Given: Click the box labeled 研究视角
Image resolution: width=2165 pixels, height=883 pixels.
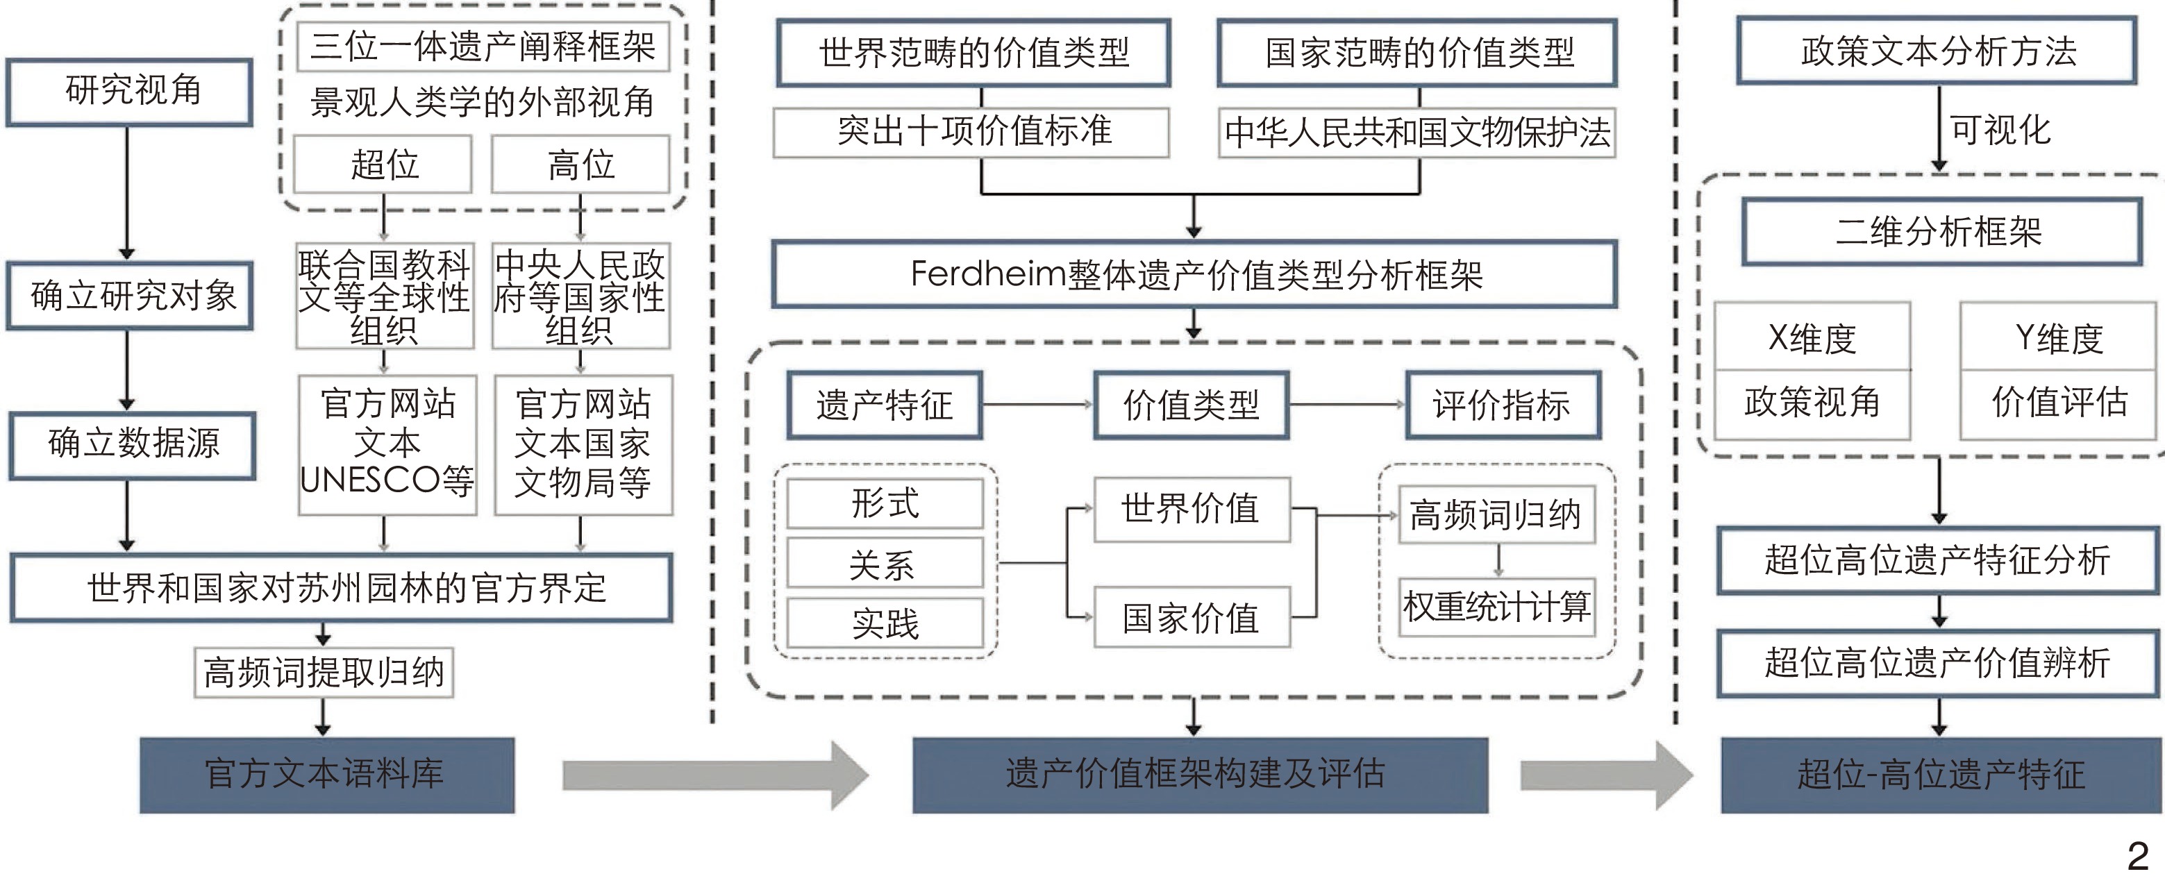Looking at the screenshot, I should pos(131,92).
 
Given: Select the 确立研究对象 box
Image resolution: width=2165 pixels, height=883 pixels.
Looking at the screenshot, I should pos(131,296).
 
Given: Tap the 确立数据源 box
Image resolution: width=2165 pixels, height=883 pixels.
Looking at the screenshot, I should pos(132,444).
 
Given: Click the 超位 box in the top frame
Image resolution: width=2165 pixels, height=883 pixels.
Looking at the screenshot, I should pos(383,165).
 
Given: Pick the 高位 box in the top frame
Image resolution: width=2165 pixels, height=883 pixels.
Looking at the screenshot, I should pos(580,165).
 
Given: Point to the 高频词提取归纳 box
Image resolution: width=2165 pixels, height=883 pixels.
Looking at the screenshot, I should pos(324,672).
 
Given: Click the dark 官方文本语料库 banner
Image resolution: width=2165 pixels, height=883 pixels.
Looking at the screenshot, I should pos(327,775).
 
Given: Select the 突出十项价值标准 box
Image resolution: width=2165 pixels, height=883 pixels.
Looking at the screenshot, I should pos(971,132).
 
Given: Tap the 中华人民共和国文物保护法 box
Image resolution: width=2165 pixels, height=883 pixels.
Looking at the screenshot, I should pos(1417,133).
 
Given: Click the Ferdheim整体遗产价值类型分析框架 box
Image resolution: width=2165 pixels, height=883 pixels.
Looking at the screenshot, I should pos(1194,275).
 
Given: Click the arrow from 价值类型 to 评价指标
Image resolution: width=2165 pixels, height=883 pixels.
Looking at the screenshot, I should pos(1347,405).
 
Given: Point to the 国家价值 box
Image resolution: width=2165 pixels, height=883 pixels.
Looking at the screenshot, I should pos(1191,619).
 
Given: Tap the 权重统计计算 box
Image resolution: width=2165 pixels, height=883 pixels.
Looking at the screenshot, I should pos(1497,607).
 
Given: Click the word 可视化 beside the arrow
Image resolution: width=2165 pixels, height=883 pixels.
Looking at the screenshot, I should pos(2000,131).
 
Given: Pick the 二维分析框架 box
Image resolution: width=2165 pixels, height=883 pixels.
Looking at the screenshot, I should pos(1941,232).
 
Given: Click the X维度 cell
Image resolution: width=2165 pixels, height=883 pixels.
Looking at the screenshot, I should pos(1812,338).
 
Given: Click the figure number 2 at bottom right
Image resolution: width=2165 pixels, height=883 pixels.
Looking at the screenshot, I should pos(2138,857).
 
